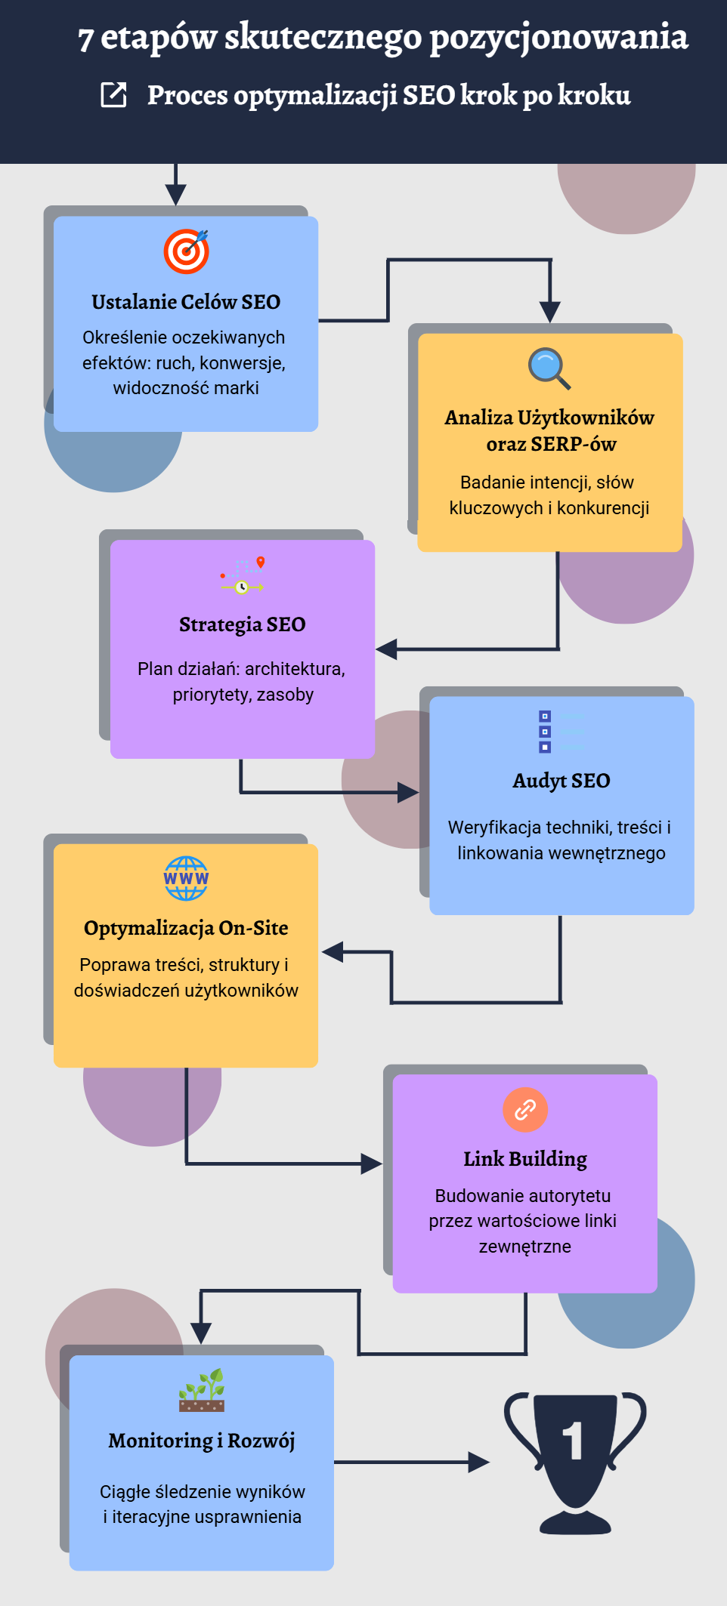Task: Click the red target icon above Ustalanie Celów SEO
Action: pyautogui.click(x=186, y=251)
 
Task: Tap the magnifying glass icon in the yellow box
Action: pyautogui.click(x=549, y=368)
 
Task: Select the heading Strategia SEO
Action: pyautogui.click(x=243, y=624)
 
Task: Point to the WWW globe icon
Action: pyautogui.click(x=186, y=878)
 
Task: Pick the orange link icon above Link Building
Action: pyautogui.click(x=525, y=1109)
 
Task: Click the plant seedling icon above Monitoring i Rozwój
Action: pyautogui.click(x=202, y=1389)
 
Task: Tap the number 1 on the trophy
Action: pyautogui.click(x=574, y=1441)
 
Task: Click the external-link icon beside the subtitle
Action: pyautogui.click(x=114, y=95)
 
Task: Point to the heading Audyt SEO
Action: pyautogui.click(x=561, y=781)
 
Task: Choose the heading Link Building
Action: pyautogui.click(x=525, y=1158)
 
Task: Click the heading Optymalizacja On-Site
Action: pyautogui.click(x=186, y=928)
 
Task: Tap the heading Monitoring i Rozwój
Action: pyautogui.click(x=202, y=1441)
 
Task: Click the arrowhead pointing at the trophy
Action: pyautogui.click(x=479, y=1463)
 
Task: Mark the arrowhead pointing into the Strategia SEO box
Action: pyautogui.click(x=386, y=649)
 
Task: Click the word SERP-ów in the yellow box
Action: pyautogui.click(x=574, y=444)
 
